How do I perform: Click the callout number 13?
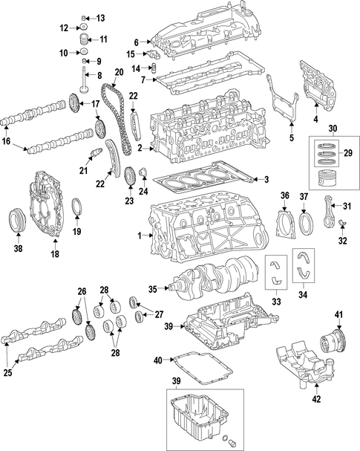pos(100,19)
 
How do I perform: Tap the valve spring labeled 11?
pos(82,39)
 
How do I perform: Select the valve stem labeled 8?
pos(83,80)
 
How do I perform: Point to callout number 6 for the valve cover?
pos(136,42)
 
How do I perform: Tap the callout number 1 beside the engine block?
pos(140,236)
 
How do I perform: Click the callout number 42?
pos(316,399)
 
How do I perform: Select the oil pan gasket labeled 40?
pos(202,369)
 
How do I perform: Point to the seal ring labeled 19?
pos(77,207)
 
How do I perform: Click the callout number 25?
pos(7,373)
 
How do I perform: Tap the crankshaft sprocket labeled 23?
pos(130,178)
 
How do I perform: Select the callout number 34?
pos(303,294)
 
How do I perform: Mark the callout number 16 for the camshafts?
pos(7,141)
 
